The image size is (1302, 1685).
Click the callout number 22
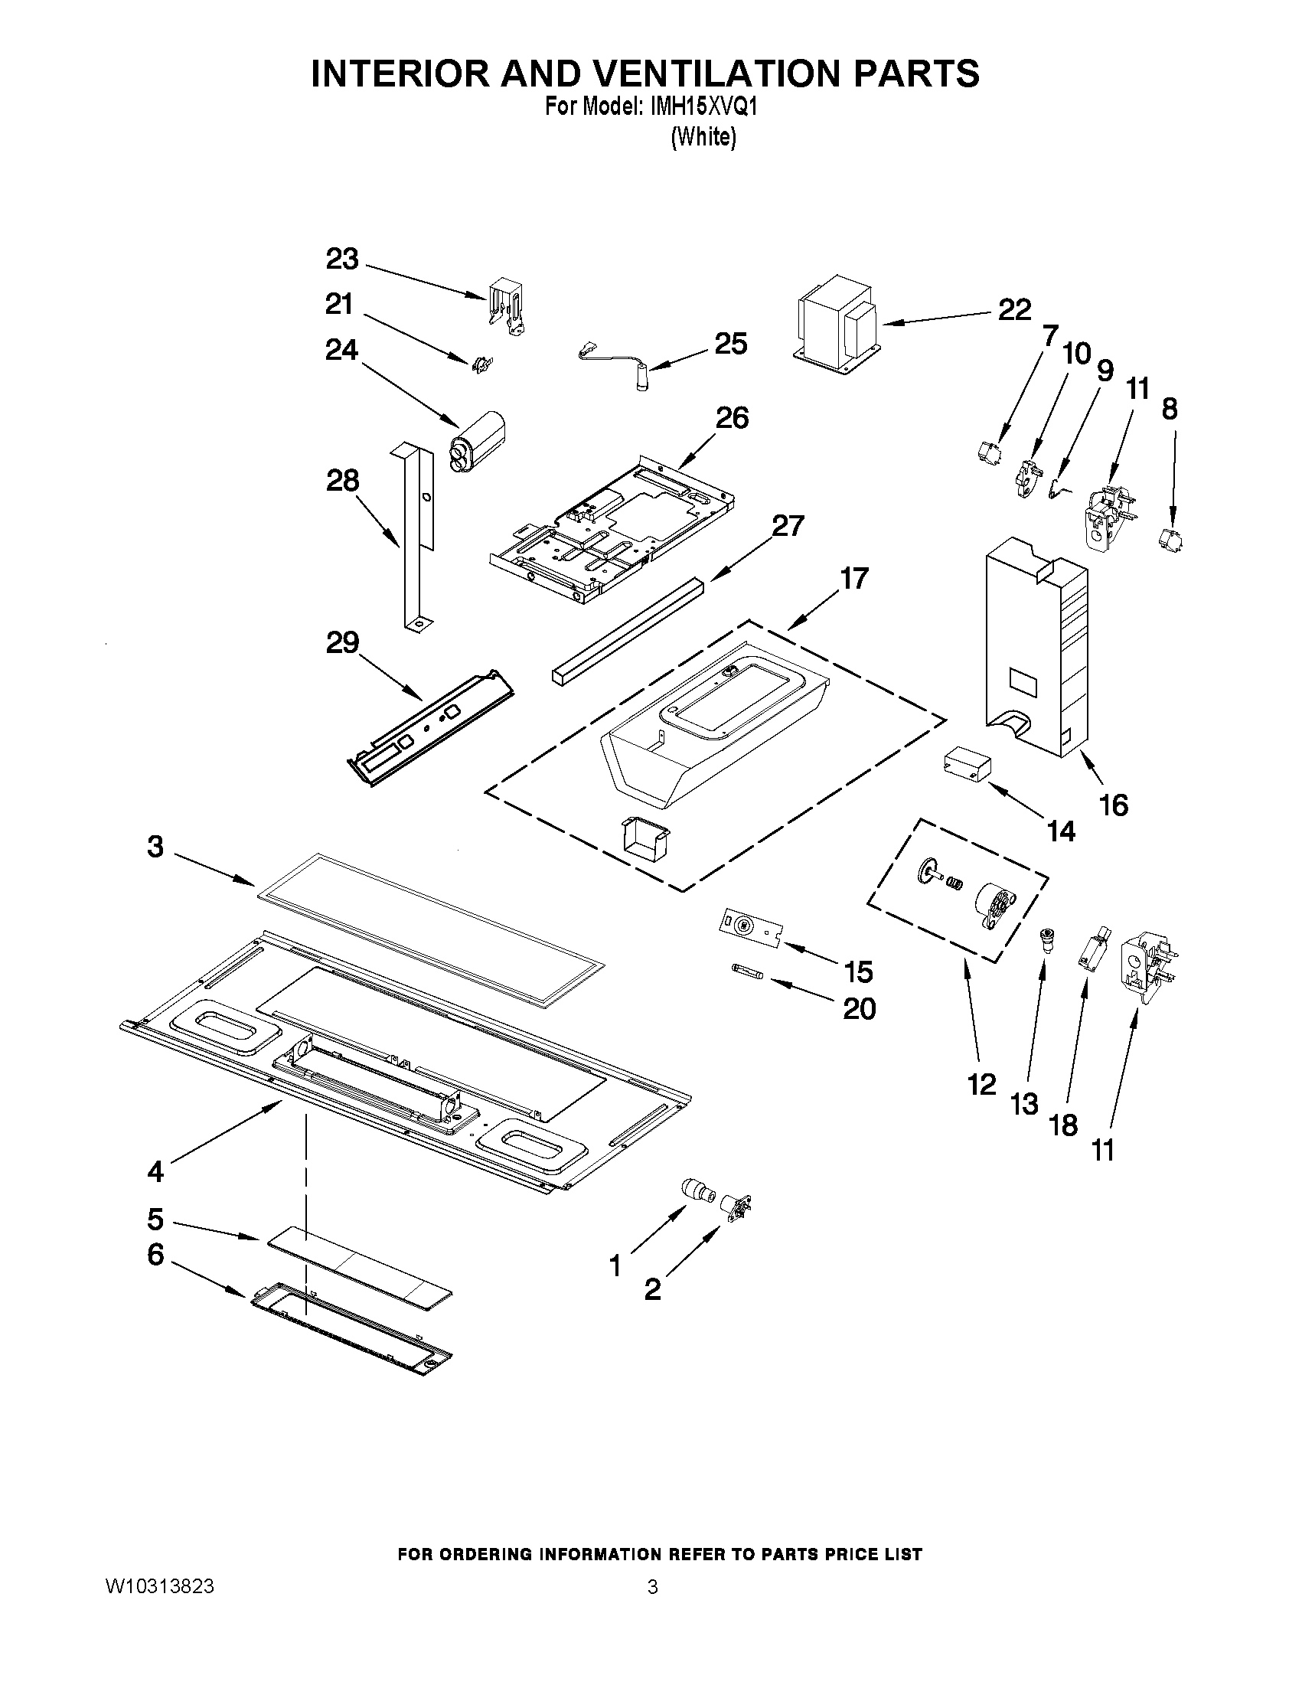tap(1013, 310)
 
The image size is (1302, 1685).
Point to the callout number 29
tap(342, 642)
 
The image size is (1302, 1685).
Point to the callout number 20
tap(860, 1008)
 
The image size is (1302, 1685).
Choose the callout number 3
tap(155, 847)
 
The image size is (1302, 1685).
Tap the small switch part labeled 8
tap(1172, 537)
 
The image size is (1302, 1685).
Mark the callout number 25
tap(730, 342)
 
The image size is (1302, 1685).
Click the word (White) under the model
tap(703, 137)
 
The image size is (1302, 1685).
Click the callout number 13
tap(1024, 1105)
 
